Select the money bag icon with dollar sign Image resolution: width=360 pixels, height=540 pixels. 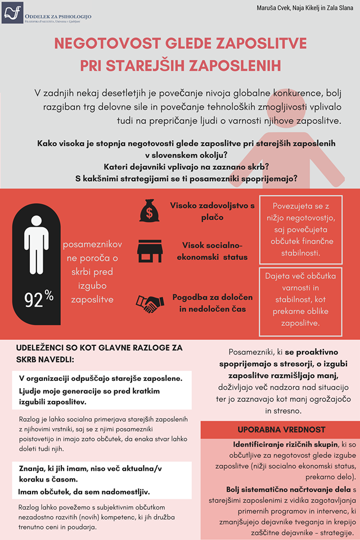pyautogui.click(x=149, y=211)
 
